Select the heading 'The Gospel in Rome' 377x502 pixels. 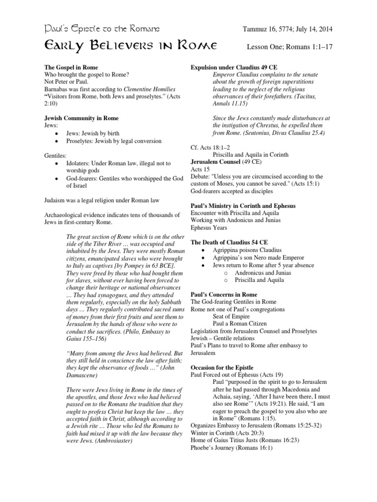pos(72,67)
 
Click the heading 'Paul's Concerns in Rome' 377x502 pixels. pos(223,295)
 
